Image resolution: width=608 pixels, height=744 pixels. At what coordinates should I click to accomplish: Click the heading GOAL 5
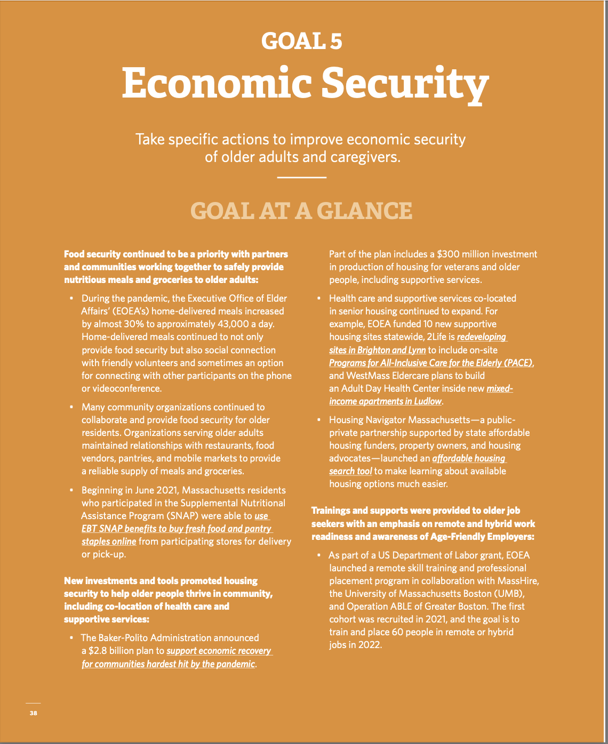click(x=302, y=42)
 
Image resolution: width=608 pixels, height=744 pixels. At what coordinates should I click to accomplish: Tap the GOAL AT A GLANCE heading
click(x=301, y=211)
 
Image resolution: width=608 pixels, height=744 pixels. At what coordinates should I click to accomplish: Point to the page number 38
click(x=34, y=713)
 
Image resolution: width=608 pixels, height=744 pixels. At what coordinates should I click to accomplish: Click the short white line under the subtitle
click(x=302, y=177)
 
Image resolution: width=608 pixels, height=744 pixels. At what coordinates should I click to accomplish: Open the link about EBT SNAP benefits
click(x=177, y=529)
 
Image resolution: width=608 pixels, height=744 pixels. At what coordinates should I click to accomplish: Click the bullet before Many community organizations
click(x=71, y=407)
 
